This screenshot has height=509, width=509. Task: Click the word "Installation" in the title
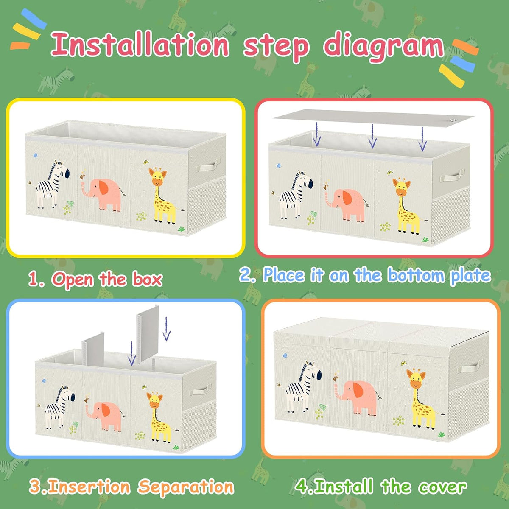140,45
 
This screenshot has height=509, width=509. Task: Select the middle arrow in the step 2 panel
372,136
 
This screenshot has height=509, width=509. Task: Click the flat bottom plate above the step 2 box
373,118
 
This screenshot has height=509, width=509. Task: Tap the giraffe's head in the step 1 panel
157,176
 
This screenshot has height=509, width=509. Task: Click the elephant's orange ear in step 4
358,390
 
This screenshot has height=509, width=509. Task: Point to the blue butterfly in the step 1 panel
35,155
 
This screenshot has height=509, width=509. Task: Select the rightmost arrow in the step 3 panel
166,329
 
